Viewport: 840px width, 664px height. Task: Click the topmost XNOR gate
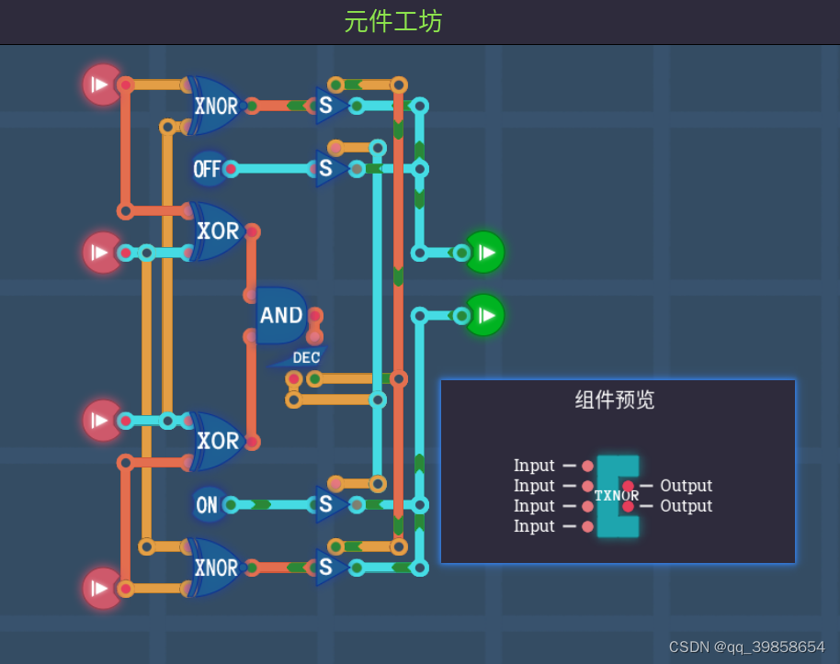tap(215, 106)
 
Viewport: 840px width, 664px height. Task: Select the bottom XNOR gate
tap(215, 568)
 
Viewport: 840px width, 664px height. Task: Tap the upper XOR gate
tap(217, 231)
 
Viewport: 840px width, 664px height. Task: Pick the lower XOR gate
tap(217, 441)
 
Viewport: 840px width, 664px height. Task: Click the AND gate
tap(281, 316)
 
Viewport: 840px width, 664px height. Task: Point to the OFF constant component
tap(208, 169)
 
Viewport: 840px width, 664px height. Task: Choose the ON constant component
tap(208, 504)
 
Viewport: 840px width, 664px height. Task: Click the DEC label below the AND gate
tap(306, 358)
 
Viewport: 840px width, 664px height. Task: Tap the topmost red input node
tap(102, 84)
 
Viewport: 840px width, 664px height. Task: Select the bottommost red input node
tap(102, 588)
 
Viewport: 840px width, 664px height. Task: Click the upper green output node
tap(485, 252)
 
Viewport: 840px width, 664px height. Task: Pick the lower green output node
tap(485, 315)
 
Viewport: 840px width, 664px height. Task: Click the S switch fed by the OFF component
tap(327, 169)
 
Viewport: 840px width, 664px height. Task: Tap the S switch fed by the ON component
tap(327, 504)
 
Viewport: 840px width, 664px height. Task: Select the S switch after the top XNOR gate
tap(327, 106)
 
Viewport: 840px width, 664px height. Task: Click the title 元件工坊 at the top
tap(393, 22)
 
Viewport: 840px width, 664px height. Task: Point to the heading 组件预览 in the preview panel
tap(615, 400)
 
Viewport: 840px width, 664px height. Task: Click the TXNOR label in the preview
tap(616, 496)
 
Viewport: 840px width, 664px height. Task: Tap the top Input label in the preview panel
tap(534, 466)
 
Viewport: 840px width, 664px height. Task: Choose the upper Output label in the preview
tap(686, 486)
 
